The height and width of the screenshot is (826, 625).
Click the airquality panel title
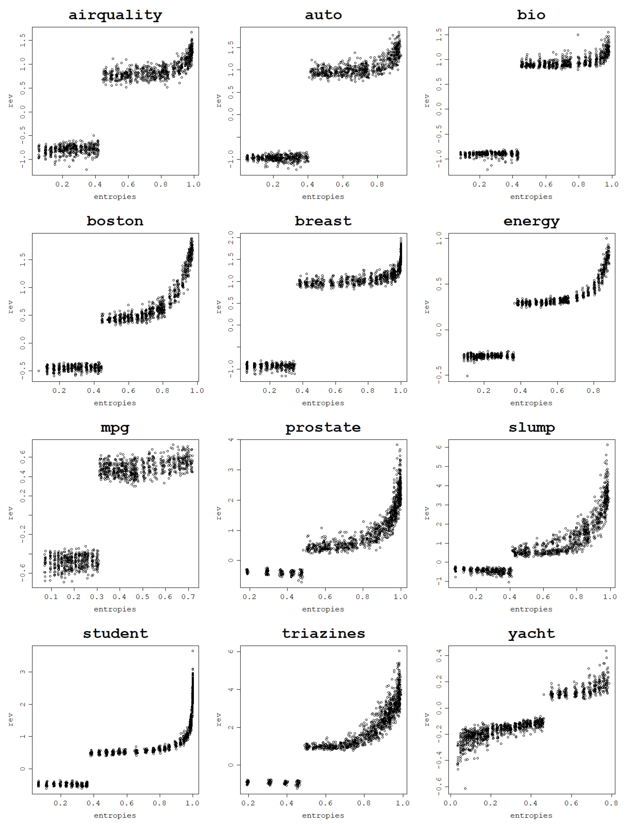coord(115,15)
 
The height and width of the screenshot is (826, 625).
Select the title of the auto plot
coord(323,15)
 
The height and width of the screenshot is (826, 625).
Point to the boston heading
coord(115,221)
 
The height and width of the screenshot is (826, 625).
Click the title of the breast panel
coord(323,221)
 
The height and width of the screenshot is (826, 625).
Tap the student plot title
coord(115,634)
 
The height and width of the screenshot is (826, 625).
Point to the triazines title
coord(323,634)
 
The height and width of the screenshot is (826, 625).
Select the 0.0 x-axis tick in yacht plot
coord(451,803)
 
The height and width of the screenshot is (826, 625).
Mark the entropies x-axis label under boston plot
coord(115,403)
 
